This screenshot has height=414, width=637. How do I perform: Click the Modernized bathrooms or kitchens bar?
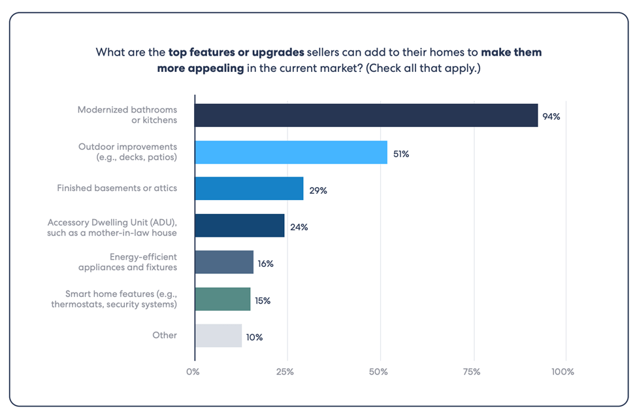pos(366,115)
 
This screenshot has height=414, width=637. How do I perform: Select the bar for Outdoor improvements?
pos(291,152)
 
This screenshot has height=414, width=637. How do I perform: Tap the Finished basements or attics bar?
pos(249,188)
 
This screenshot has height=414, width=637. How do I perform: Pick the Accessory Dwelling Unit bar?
pos(239,225)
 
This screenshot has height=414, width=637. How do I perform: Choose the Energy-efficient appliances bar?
pos(223,262)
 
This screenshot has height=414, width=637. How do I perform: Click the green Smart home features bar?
pos(222,298)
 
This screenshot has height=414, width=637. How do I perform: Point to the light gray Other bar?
pos(218,336)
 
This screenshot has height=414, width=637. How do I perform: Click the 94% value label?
pos(551,117)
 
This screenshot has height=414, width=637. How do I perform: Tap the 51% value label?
pos(400,154)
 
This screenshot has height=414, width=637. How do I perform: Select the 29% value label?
pos(318,190)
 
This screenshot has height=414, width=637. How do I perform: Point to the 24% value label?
pos(299,227)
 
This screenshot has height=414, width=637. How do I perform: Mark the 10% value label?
pos(254,337)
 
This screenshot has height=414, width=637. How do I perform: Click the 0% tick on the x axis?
pos(193,371)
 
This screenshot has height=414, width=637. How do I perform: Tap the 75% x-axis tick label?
pos(472,371)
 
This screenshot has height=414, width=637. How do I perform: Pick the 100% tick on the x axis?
pos(563,371)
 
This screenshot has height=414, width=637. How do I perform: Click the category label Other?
pos(165,335)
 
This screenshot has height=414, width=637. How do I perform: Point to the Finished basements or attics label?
pos(117,188)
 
